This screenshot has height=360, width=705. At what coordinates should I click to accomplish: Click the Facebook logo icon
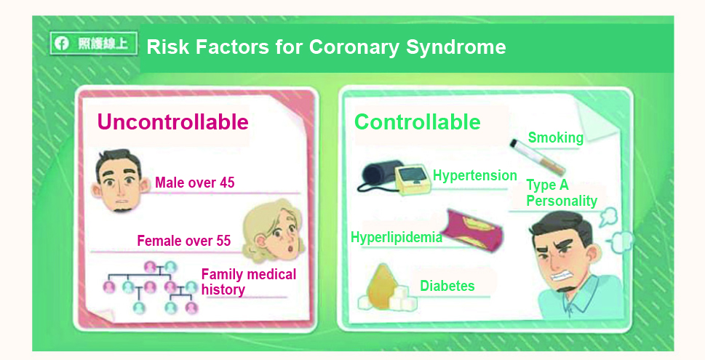[x=62, y=43]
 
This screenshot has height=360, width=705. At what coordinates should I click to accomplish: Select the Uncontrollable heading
[x=172, y=121]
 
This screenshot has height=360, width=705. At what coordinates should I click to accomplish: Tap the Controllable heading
[x=417, y=121]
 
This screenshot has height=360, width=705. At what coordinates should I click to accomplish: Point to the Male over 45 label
[x=195, y=183]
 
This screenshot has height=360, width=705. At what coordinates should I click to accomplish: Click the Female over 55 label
[x=184, y=241]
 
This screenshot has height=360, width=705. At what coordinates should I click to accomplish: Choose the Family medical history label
[x=249, y=281]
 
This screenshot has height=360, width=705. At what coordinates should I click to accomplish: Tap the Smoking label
[x=555, y=137]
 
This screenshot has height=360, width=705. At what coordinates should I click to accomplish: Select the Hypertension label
[x=475, y=175]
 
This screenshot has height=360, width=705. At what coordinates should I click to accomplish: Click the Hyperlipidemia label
[x=396, y=237]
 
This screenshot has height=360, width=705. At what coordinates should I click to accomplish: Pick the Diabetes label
[x=447, y=286]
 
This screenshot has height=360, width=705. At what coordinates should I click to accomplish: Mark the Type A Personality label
[x=562, y=193]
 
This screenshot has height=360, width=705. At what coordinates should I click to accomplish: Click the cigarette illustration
[x=537, y=157]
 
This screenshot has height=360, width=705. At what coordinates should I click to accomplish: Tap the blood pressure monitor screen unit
[x=413, y=180]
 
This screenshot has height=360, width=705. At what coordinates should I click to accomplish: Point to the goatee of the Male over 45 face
[x=122, y=209]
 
